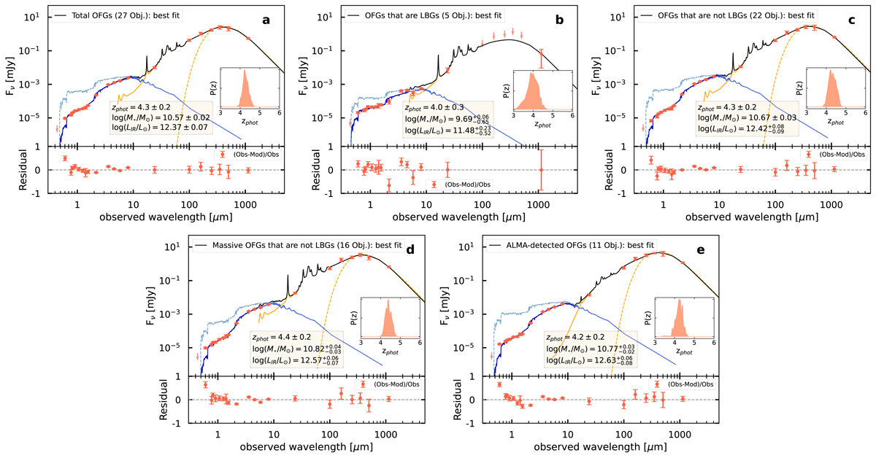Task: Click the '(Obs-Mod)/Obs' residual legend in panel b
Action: (x=468, y=184)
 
